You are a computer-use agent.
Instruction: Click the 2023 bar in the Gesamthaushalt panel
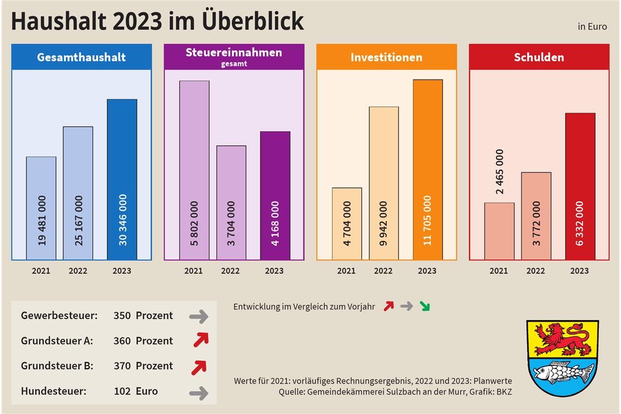pyautogui.click(x=122, y=179)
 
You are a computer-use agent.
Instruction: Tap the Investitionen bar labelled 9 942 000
pyautogui.click(x=383, y=183)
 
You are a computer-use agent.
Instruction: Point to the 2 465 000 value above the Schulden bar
pyautogui.click(x=500, y=172)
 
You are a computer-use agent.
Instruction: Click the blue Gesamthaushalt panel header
pyautogui.click(x=81, y=57)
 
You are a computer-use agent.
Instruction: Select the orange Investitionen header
pyautogui.click(x=386, y=57)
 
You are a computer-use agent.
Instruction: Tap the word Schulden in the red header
pyautogui.click(x=539, y=57)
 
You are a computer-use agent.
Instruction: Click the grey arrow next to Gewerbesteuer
pyautogui.click(x=199, y=316)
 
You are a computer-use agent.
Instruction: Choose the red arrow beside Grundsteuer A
pyautogui.click(x=200, y=340)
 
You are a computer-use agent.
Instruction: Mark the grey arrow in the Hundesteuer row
pyautogui.click(x=199, y=393)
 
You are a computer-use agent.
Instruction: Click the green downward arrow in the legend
pyautogui.click(x=424, y=306)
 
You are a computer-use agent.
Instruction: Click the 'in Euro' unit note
pyautogui.click(x=592, y=27)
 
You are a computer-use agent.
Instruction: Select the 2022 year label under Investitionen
pyautogui.click(x=383, y=271)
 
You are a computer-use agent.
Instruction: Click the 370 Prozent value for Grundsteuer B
pyautogui.click(x=143, y=366)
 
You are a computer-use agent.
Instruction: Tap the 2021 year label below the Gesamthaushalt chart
pyautogui.click(x=41, y=271)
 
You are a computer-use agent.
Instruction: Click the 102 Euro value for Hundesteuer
pyautogui.click(x=136, y=391)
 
